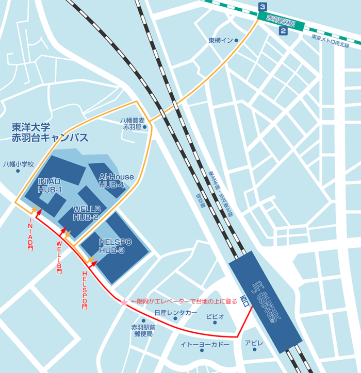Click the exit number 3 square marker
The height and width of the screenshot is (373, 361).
click(264, 7)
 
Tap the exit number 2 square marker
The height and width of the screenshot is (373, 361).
click(283, 31)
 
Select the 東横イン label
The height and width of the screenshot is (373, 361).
click(220, 41)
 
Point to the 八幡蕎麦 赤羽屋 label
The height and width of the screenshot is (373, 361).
click(132, 124)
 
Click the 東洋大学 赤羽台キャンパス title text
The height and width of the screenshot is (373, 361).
click(50, 132)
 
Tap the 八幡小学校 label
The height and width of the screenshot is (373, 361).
click(18, 164)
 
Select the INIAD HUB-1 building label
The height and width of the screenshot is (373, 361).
click(50, 185)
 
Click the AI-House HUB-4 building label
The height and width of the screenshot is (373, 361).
click(116, 181)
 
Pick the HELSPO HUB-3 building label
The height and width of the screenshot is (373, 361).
click(115, 246)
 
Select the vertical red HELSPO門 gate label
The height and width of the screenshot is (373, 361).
click(85, 289)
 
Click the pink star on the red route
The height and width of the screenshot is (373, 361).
click(124, 301)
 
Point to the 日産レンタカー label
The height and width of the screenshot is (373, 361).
click(175, 313)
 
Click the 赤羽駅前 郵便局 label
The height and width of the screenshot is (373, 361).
click(143, 330)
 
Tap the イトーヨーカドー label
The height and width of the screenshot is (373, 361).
click(205, 344)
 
